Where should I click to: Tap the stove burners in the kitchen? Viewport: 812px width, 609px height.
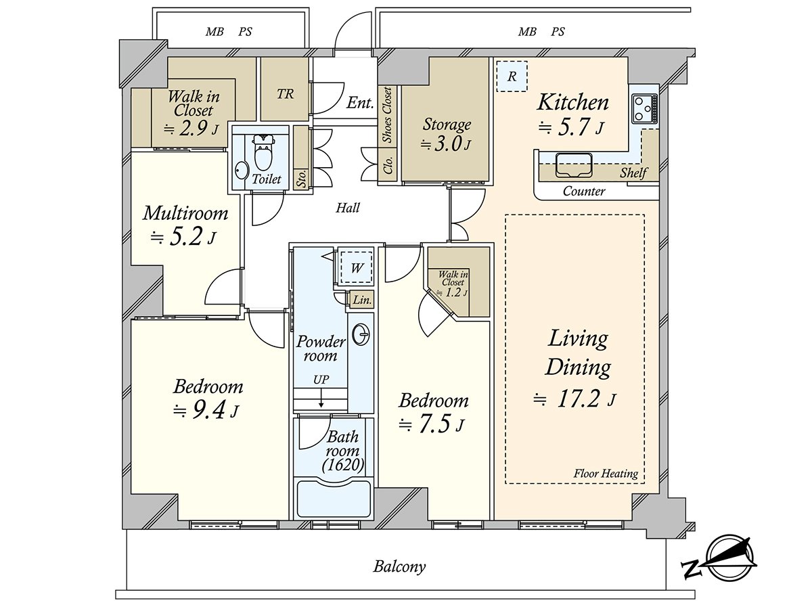point(645,109)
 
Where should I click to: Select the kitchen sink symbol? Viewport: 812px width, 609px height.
point(574,165)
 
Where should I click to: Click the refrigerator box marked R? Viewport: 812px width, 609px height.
point(512,76)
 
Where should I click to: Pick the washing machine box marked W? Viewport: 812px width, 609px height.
point(356,267)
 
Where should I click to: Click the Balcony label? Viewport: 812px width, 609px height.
point(399,566)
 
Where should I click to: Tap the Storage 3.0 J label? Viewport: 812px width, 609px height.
point(447,134)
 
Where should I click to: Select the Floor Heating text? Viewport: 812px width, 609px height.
point(606,473)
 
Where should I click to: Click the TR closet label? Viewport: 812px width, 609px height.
point(286,94)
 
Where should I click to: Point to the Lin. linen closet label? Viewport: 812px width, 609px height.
point(362,300)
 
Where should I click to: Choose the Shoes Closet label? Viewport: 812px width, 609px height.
point(387,115)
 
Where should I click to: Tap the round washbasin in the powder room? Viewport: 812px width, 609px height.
point(361,335)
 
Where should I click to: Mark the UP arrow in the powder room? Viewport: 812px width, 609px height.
point(321,399)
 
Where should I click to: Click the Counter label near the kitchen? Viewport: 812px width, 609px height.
point(584,191)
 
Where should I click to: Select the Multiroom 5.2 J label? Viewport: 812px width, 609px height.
point(185,225)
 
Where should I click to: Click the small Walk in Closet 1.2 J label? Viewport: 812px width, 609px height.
point(453,284)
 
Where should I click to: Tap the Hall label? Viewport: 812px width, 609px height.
point(347,208)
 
